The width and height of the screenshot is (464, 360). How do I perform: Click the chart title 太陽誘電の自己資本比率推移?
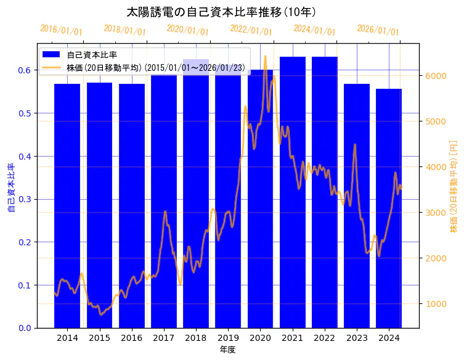point(221,12)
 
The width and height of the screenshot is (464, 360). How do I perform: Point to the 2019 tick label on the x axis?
point(228,337)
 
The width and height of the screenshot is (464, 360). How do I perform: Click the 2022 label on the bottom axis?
point(325,337)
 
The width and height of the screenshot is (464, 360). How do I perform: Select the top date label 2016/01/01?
point(61,30)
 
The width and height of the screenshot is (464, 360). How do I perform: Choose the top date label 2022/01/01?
point(251,30)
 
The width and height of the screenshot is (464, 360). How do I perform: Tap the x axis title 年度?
point(228,350)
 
